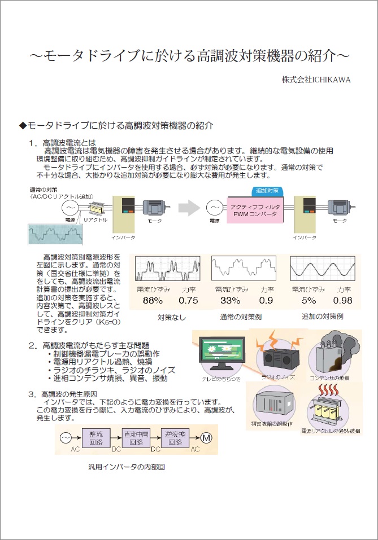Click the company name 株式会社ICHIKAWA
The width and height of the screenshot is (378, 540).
coord(316,80)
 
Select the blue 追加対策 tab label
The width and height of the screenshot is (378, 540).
coord(267,191)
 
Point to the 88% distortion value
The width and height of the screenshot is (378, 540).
coord(152,300)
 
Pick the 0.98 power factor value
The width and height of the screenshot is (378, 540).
coord(342,300)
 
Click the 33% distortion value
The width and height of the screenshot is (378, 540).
coord(231,300)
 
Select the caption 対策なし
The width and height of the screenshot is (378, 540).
coord(172,317)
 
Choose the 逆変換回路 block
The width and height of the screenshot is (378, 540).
coord(176,438)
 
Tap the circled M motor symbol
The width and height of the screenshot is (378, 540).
coord(206,438)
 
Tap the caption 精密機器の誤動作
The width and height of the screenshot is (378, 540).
coord(274,423)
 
